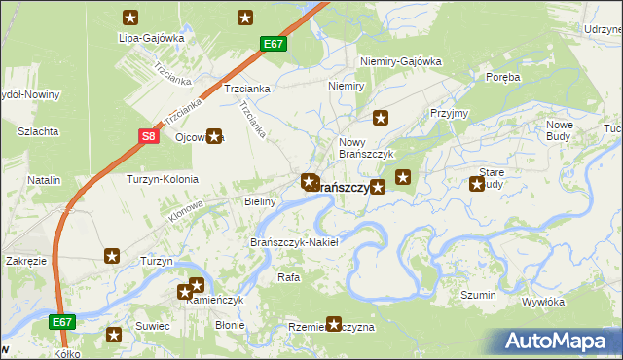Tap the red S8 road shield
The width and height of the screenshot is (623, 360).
(147, 137)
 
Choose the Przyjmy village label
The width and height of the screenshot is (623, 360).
(449, 113)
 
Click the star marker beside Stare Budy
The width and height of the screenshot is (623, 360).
(477, 183)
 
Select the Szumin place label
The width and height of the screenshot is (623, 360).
(479, 295)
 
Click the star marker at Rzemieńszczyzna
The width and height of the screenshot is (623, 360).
(335, 323)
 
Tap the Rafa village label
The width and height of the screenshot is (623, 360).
(287, 277)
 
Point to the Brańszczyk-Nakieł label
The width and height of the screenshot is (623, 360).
(294, 241)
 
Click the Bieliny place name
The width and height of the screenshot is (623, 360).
(260, 201)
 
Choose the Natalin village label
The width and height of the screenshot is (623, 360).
(44, 180)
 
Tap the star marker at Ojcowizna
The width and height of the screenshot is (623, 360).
(214, 137)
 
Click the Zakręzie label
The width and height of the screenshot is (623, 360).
(26, 262)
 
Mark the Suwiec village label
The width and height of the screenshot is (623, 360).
(153, 325)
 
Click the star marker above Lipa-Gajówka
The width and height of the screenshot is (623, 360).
(131, 17)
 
